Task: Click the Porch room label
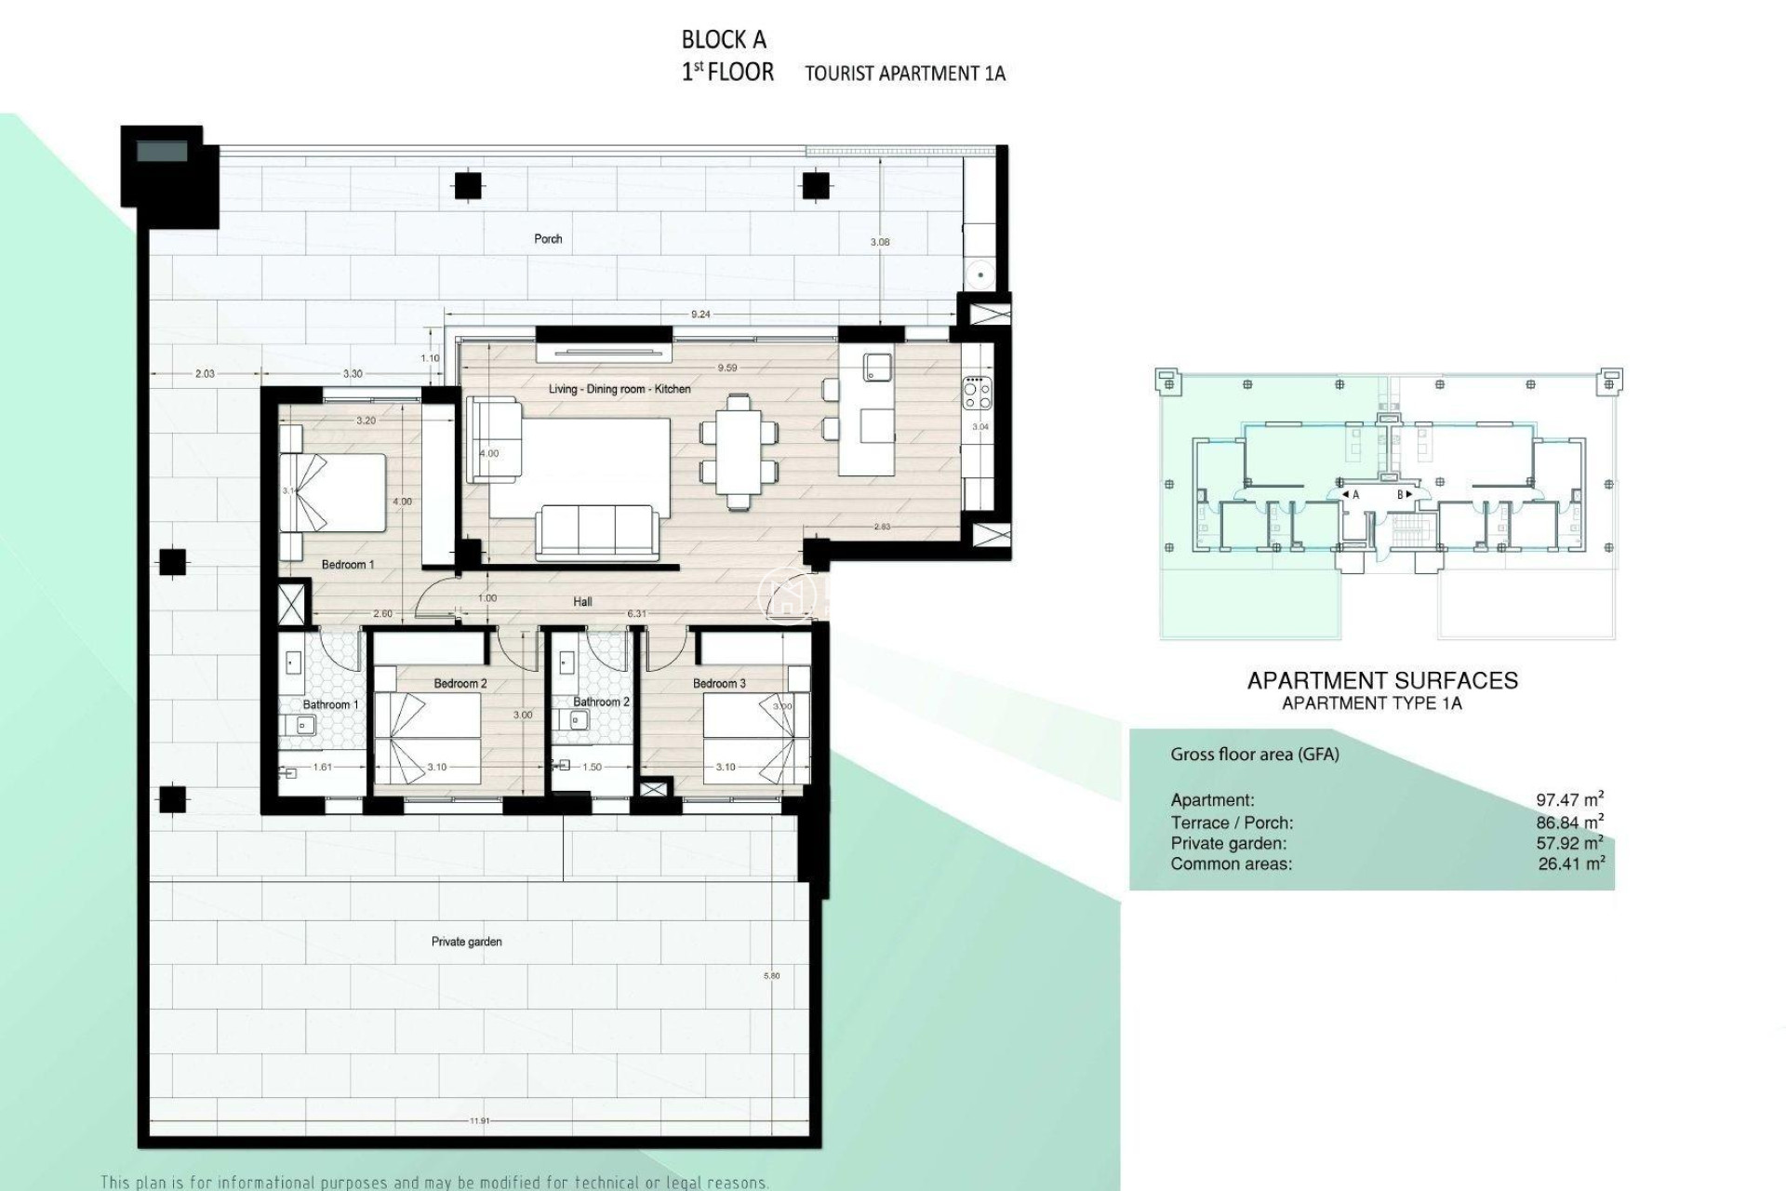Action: tap(548, 239)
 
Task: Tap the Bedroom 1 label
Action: tap(347, 565)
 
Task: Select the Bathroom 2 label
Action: tap(601, 702)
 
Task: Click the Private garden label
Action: tap(466, 942)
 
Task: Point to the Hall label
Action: tap(582, 602)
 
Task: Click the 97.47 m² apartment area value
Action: tap(1569, 799)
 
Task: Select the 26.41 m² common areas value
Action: tap(1571, 863)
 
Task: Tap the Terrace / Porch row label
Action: tap(1232, 823)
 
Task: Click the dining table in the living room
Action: tap(738, 451)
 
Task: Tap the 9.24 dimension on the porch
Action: tap(700, 314)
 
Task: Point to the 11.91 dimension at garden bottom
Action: tap(479, 1121)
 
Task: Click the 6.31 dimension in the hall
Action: tap(636, 614)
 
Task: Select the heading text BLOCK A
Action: tap(724, 40)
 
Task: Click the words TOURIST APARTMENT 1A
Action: tap(904, 74)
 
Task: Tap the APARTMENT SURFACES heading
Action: tap(1382, 681)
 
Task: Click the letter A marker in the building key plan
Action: tap(1355, 495)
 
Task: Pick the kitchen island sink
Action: tap(875, 367)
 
